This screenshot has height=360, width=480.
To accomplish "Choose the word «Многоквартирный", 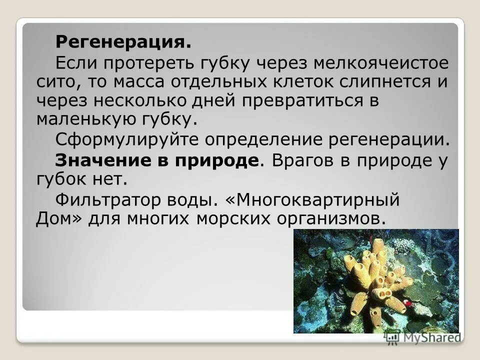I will [x=320, y=199].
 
